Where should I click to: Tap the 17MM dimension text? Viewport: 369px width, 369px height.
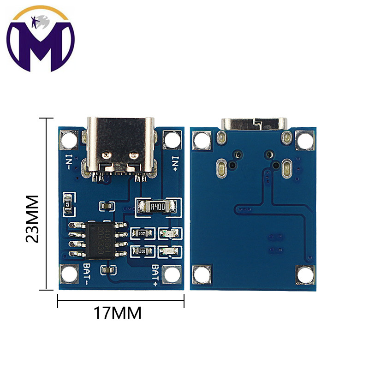click(118, 314)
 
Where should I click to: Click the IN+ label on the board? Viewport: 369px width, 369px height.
click(176, 164)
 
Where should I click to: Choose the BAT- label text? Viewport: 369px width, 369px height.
click(88, 274)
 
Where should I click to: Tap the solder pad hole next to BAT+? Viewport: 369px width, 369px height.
click(172, 275)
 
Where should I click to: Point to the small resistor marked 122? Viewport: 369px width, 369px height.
click(68, 203)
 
